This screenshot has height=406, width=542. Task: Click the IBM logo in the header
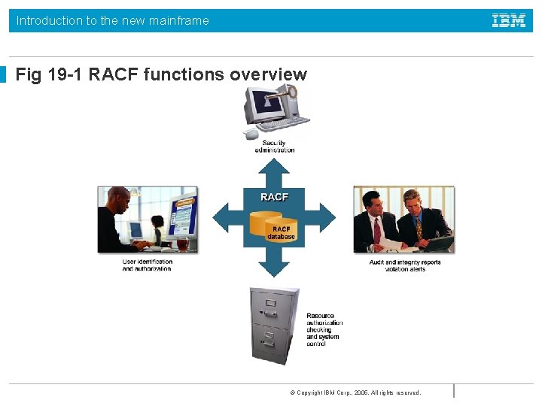click(509, 21)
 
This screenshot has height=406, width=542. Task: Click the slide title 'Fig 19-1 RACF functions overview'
click(161, 74)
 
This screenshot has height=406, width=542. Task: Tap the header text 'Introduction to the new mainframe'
click(113, 21)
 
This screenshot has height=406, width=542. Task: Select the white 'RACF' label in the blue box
click(274, 197)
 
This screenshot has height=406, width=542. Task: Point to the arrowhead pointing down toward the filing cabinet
click(274, 269)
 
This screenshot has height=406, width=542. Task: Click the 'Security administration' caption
click(274, 147)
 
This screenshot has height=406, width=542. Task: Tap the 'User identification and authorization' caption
click(148, 265)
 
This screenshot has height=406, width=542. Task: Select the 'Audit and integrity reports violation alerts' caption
click(405, 265)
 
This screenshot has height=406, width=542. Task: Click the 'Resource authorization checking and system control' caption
click(324, 330)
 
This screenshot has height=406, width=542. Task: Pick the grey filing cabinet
click(273, 326)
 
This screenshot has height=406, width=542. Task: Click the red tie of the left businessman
click(377, 230)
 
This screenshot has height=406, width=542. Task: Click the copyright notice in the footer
click(355, 392)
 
